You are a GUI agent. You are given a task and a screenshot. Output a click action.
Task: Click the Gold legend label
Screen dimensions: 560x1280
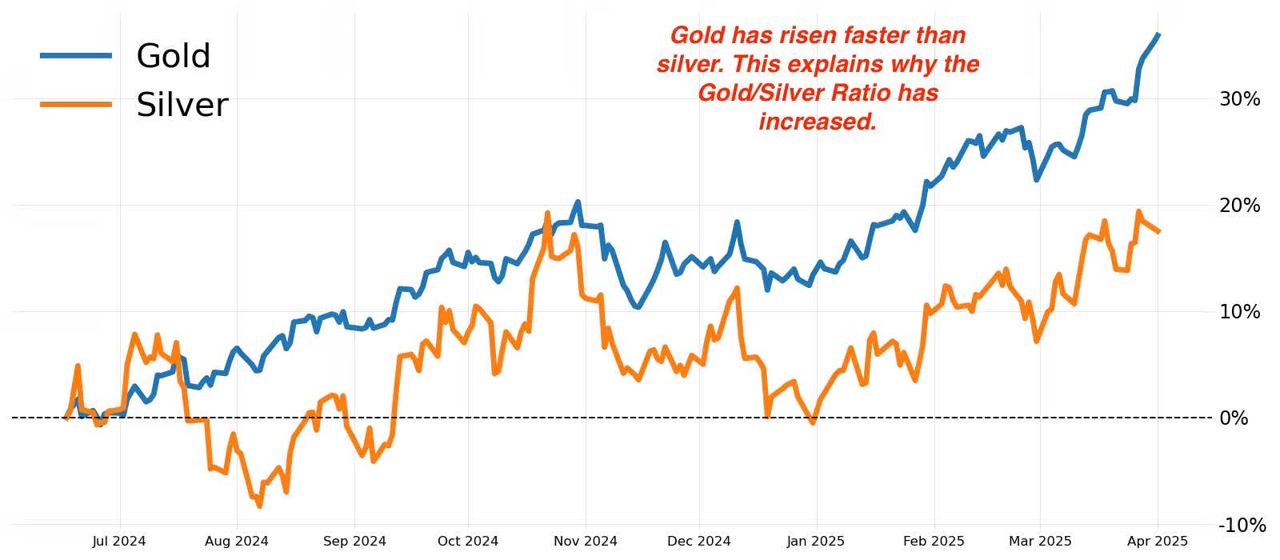[173, 56]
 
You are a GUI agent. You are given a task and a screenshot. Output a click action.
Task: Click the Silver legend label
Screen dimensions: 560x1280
[182, 105]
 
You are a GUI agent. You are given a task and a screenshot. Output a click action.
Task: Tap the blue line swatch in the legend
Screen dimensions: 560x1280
[76, 55]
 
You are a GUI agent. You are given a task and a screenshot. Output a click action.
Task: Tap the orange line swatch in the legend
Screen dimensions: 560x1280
[76, 104]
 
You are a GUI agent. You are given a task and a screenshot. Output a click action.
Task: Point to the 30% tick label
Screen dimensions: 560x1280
[1239, 99]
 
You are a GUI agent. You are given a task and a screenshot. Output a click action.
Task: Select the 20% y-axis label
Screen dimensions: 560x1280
[1239, 206]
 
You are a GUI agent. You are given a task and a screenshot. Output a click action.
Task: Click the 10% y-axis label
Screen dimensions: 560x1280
[1239, 312]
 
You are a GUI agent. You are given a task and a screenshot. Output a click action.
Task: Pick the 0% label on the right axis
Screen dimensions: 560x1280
[1234, 418]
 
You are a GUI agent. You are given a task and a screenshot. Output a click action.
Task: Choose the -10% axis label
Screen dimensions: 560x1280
[1242, 526]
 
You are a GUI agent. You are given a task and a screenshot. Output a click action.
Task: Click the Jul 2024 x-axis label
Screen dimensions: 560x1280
[119, 542]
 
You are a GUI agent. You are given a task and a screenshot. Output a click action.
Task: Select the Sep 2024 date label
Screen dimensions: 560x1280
[354, 542]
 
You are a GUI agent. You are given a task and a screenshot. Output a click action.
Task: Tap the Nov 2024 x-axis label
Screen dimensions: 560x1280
[586, 542]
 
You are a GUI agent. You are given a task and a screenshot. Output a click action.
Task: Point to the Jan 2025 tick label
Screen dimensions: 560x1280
[815, 542]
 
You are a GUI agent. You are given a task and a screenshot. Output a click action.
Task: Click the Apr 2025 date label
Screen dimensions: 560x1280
[1158, 542]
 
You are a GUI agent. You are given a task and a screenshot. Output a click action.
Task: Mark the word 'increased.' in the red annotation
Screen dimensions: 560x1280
[818, 122]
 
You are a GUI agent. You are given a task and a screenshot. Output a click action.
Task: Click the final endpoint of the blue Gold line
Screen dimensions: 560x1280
[1159, 34]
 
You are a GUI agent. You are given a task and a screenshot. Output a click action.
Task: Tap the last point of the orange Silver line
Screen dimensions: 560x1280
[1159, 231]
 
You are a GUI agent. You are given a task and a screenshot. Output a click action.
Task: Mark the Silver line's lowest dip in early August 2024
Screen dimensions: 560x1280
[259, 506]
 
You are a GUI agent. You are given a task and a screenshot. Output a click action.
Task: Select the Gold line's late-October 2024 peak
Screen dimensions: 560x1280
[578, 202]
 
